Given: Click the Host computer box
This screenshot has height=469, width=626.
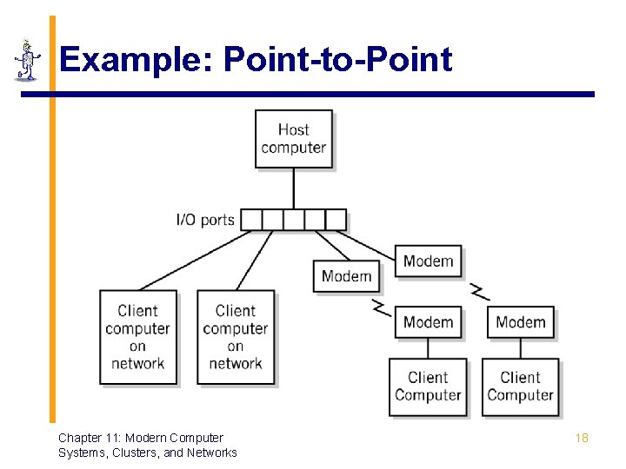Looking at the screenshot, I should coord(294,139).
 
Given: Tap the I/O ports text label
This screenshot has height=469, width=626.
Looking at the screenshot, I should coord(205,220).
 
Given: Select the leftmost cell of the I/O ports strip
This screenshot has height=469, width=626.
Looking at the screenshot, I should coord(251,220).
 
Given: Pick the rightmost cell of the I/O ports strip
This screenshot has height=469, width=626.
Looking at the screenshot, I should coord(336,220).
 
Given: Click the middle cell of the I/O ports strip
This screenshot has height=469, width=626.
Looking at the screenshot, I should coord(294,220).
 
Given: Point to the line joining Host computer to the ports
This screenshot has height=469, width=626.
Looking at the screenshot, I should coord(294,188).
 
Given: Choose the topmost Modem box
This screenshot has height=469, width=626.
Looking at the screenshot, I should coord(428,261).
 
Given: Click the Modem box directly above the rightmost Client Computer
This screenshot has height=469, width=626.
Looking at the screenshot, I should coord(520,322).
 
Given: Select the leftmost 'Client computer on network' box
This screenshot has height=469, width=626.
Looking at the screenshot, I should coord(138,337).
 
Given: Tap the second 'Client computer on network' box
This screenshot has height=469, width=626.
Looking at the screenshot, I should coord(236,337).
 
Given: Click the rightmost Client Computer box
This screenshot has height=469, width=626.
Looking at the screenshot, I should coord(520,386).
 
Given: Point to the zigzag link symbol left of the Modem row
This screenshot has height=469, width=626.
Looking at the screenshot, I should coord(380,307).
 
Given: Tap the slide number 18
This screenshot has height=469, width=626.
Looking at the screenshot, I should coord(582,438).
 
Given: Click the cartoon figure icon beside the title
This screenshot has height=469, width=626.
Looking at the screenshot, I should coord(28,61).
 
